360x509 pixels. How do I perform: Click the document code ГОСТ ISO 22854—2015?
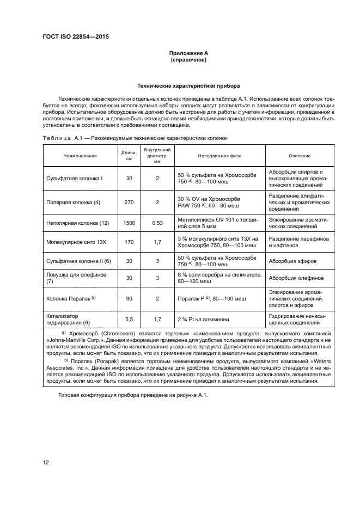(80, 38)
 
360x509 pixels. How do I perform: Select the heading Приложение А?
(188, 53)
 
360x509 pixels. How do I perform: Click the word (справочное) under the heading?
(188, 60)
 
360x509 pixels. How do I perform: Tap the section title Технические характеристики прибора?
(188, 85)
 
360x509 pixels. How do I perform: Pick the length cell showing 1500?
(129, 223)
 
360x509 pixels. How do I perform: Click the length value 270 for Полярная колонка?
(129, 202)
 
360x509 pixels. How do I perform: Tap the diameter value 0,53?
(157, 223)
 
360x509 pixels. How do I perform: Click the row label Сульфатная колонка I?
(75, 178)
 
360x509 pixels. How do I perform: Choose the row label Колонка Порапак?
(72, 298)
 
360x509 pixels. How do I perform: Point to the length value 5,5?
(129, 320)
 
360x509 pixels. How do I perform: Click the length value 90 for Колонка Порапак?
(129, 298)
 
